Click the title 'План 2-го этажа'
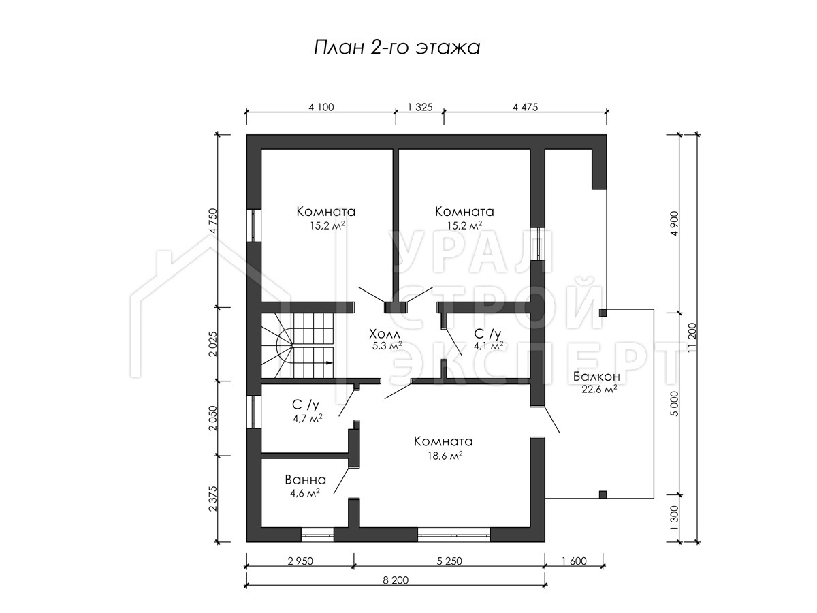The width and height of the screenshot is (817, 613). (x=397, y=48)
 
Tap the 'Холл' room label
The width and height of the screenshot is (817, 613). (x=385, y=333)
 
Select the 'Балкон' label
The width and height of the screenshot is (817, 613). (x=596, y=376)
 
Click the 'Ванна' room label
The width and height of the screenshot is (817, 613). (x=306, y=480)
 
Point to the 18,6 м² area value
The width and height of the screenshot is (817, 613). (x=445, y=455)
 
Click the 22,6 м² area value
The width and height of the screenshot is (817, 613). (x=599, y=390)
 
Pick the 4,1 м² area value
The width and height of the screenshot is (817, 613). (x=488, y=346)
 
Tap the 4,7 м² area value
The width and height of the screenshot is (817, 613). (x=308, y=418)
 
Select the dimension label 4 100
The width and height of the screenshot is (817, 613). (x=321, y=107)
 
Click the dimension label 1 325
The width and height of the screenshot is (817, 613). (x=420, y=107)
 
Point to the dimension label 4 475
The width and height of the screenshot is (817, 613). (x=525, y=107)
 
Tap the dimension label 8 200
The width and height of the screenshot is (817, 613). (x=396, y=580)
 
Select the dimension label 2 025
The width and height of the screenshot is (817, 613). (x=212, y=343)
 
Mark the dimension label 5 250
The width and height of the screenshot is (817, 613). (x=449, y=561)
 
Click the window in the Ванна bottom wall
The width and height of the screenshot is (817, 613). (x=317, y=535)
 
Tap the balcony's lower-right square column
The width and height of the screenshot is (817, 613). (x=603, y=494)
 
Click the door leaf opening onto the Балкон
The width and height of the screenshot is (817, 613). (x=552, y=420)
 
